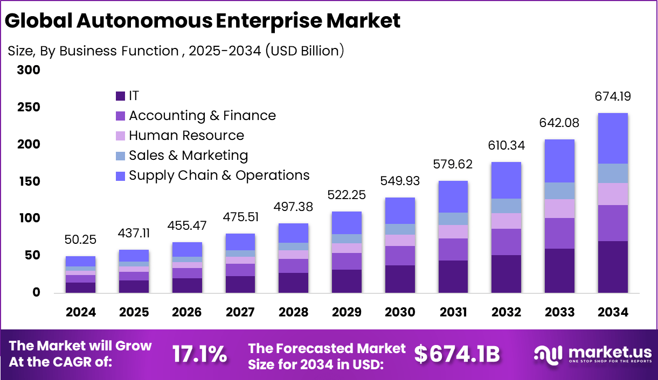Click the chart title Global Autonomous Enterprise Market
click(203, 21)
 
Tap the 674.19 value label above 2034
click(613, 97)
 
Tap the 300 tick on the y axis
click(29, 71)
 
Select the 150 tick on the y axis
click(29, 181)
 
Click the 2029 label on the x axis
click(347, 312)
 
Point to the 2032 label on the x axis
click(506, 312)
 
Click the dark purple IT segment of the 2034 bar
click(613, 267)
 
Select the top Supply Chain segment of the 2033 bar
click(559, 161)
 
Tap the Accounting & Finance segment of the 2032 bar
click(506, 242)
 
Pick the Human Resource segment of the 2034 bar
click(613, 194)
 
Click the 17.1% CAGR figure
click(199, 355)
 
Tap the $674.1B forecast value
click(457, 354)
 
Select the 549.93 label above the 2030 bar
click(400, 181)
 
